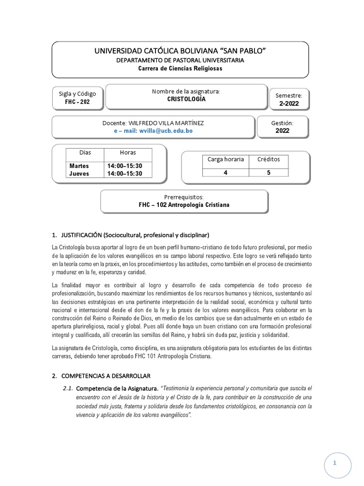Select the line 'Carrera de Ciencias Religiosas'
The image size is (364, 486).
180,68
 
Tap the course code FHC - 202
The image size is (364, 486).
77,102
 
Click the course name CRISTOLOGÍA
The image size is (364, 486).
186,100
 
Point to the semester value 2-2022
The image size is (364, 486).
289,103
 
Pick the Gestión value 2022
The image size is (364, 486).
282,130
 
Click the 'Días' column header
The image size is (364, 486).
85,153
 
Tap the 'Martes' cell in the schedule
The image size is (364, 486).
79,166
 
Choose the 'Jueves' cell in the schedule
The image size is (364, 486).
79,174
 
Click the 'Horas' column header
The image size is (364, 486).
128,153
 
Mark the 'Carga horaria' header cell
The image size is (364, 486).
226,159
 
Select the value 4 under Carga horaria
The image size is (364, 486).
226,173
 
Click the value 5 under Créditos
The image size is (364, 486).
269,173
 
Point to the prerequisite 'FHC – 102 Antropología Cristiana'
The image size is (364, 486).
185,205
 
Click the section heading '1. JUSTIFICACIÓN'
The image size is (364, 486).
130,235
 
